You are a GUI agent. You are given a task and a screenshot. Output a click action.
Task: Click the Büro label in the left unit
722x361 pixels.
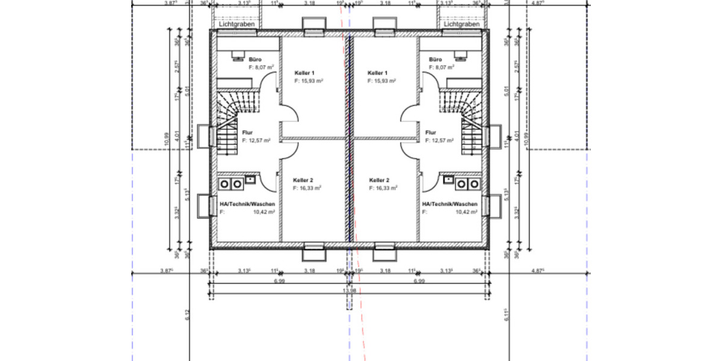click(255, 60)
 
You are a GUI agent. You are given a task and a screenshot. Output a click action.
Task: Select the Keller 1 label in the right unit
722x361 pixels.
click(379, 72)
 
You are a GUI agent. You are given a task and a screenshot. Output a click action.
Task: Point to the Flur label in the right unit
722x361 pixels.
click(431, 132)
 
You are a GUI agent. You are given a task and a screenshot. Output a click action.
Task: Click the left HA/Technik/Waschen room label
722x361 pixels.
click(247, 204)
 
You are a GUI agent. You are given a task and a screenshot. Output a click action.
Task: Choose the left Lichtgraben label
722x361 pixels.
click(237, 25)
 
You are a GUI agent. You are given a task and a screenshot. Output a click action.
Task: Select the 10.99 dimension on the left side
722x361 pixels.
click(167, 139)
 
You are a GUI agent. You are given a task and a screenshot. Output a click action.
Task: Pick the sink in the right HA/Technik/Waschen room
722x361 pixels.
click(448, 179)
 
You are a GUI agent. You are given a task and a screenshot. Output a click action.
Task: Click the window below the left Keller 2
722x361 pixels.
click(313, 251)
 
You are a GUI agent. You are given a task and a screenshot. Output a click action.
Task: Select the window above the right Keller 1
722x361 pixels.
click(383, 25)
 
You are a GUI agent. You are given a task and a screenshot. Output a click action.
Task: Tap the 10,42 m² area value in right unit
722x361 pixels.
click(467, 212)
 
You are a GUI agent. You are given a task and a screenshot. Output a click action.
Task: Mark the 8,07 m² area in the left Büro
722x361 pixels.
click(261, 68)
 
